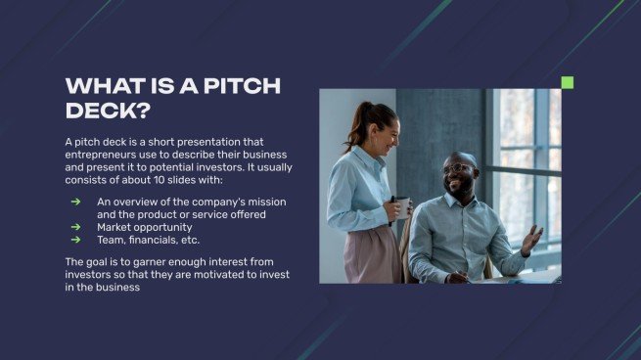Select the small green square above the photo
click(567, 83)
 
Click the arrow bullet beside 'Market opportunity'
click(75, 227)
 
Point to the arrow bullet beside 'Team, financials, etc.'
click(75, 240)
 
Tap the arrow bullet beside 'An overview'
click(75, 202)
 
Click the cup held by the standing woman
click(403, 206)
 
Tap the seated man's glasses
click(456, 169)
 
